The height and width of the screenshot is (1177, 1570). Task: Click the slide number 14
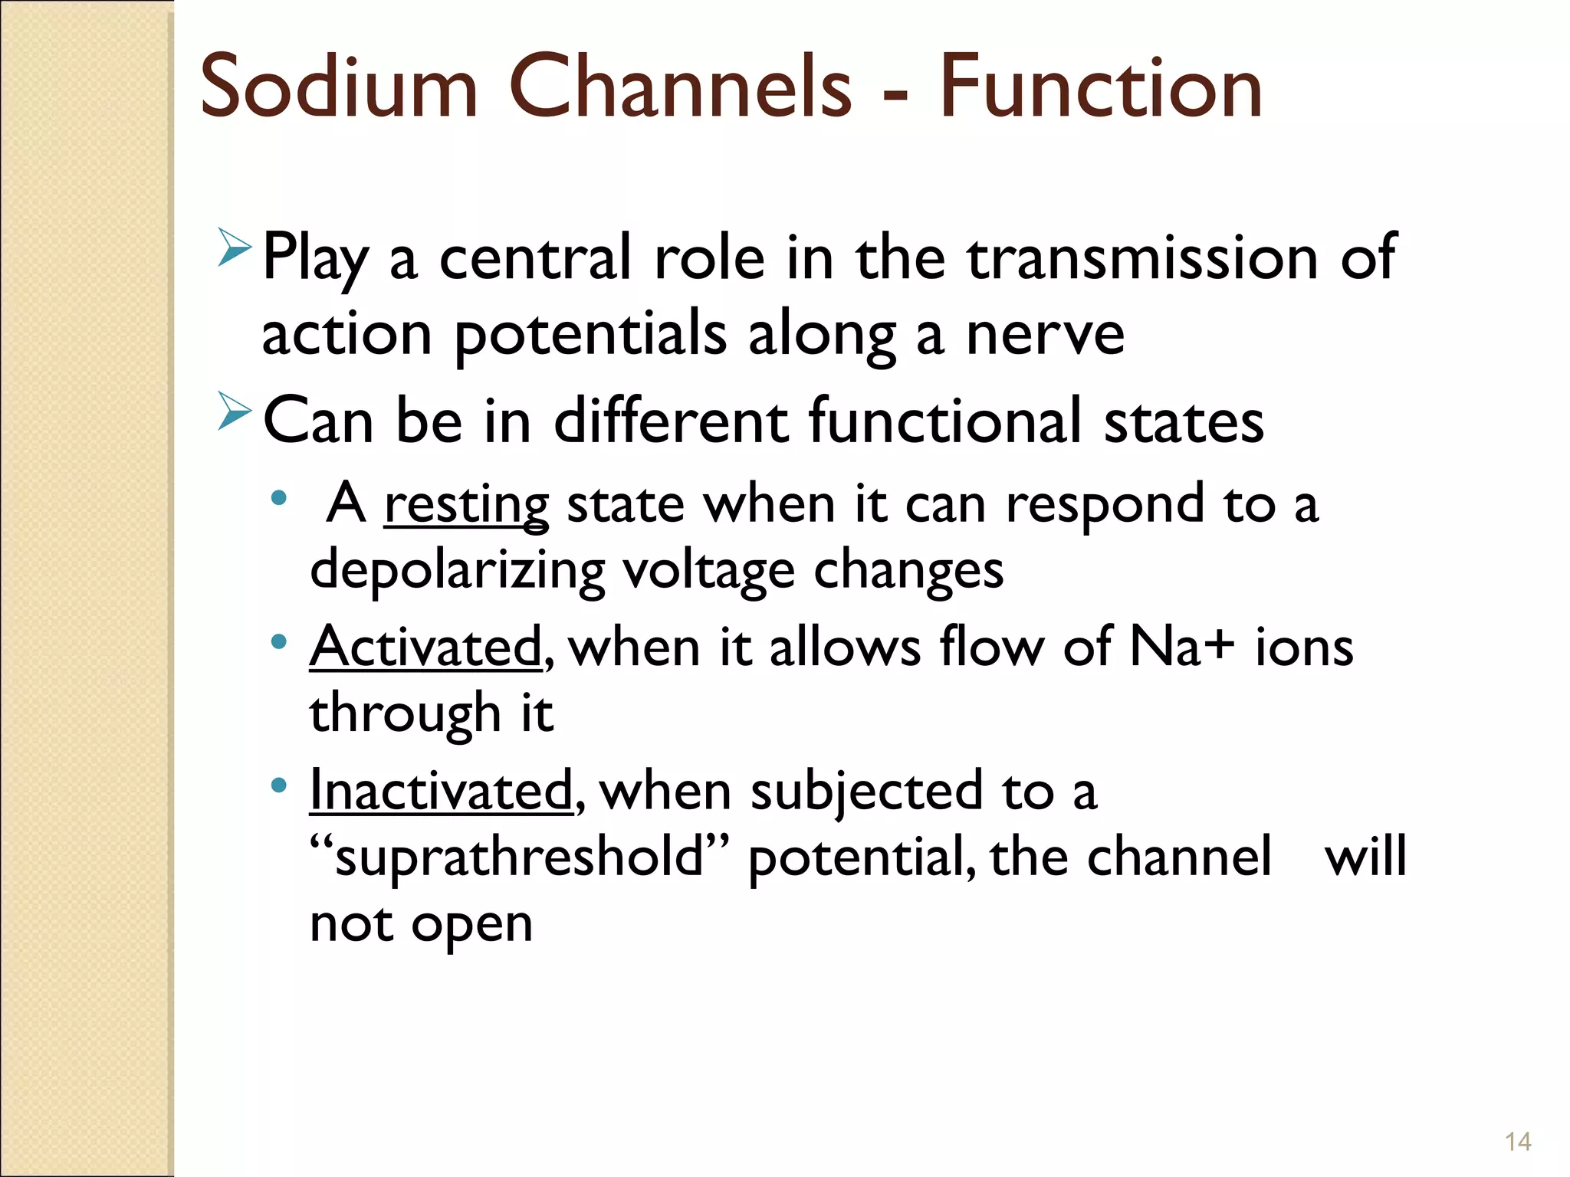click(1517, 1142)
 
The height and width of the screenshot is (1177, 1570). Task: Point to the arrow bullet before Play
click(234, 247)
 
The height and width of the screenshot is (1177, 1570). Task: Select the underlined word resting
click(466, 506)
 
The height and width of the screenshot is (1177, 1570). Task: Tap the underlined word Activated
click(425, 648)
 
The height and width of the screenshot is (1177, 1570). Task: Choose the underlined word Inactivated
click(441, 791)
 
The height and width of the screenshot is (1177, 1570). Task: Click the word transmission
click(1142, 258)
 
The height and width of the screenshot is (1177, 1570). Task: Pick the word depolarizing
click(457, 572)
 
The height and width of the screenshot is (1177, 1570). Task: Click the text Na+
click(1182, 648)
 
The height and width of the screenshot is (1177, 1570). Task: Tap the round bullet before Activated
click(279, 641)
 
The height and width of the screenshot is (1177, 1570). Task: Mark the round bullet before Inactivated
click(279, 785)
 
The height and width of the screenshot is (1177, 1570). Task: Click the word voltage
click(708, 572)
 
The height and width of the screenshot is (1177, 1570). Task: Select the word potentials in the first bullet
click(590, 336)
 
